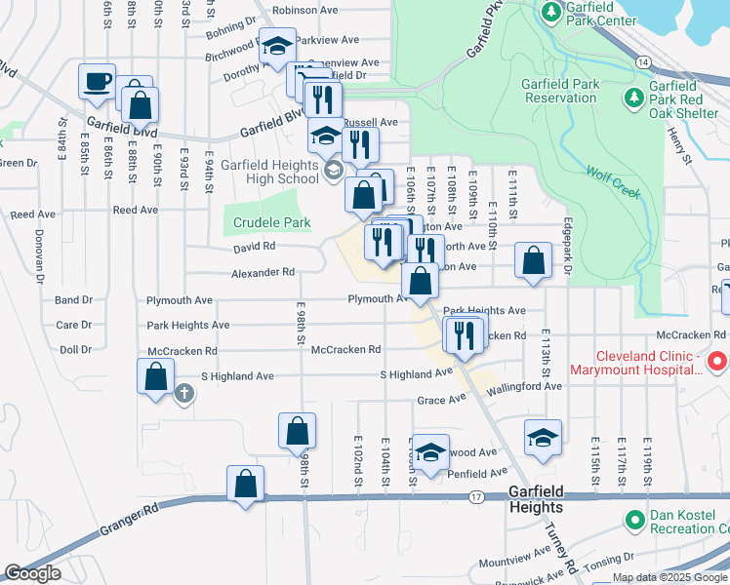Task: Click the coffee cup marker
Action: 97,82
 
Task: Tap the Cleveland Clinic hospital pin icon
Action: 717,363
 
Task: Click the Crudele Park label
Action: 271,222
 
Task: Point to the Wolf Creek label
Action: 614,181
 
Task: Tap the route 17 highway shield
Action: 476,497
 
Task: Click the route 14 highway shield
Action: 641,61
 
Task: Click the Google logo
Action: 32,573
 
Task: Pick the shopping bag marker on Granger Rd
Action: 245,484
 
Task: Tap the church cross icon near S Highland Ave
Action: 183,394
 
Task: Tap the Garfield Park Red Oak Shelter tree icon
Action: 633,97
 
